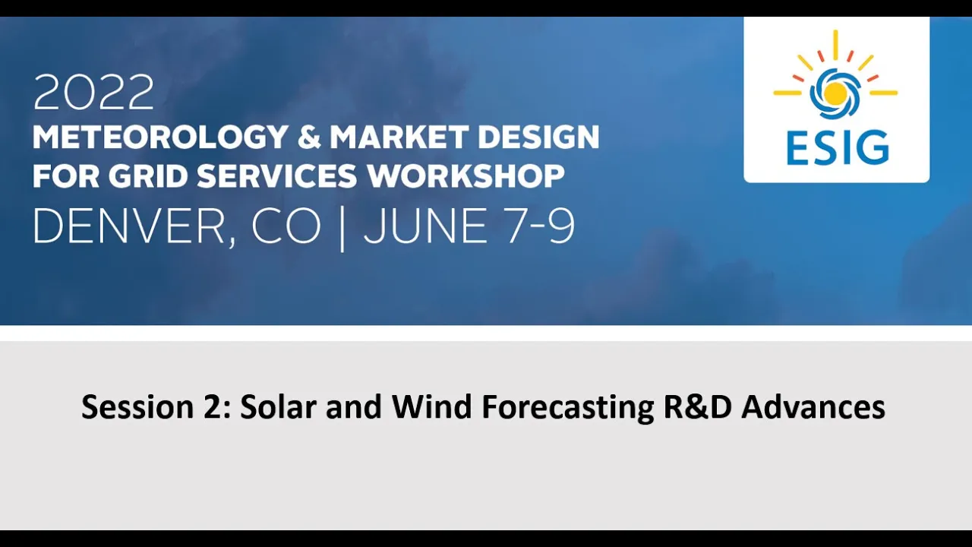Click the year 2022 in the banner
click(x=93, y=92)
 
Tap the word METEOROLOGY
click(x=160, y=138)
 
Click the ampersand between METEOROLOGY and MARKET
click(x=309, y=138)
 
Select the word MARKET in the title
click(x=399, y=138)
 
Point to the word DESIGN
click(x=538, y=138)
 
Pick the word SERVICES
click(x=277, y=175)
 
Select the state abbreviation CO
click(x=286, y=226)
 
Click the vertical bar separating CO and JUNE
click(x=342, y=229)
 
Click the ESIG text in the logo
click(x=838, y=148)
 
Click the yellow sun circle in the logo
click(x=835, y=93)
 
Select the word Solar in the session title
click(x=278, y=406)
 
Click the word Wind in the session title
click(x=431, y=406)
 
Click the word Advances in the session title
click(x=813, y=406)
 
